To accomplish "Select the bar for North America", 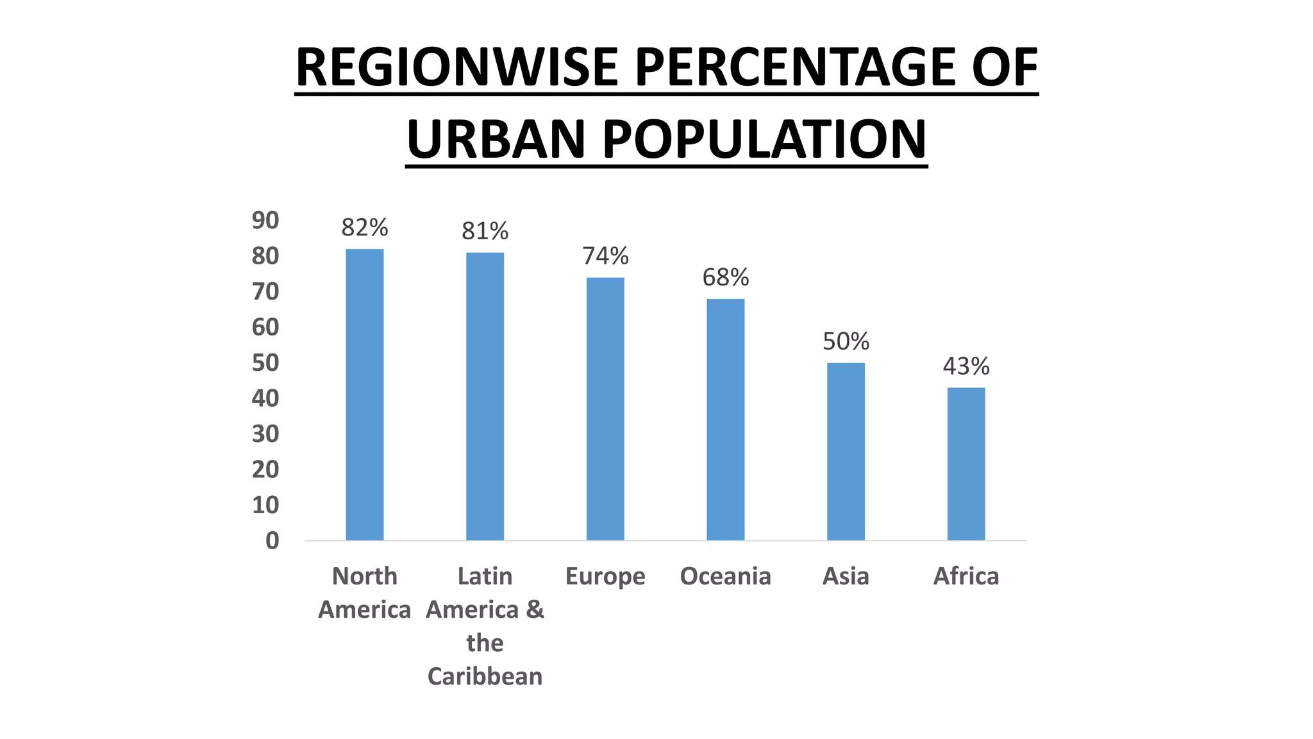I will [x=365, y=395].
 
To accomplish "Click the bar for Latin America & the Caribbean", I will [x=485, y=396].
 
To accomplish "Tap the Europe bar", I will [x=605, y=409].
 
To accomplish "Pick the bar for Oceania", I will [x=726, y=420].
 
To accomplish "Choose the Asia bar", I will [x=846, y=452].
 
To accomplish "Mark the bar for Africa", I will [x=966, y=464].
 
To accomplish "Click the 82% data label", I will [x=365, y=228].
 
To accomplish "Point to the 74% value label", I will [x=605, y=256].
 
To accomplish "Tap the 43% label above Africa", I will [x=966, y=366].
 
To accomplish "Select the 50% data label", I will [x=846, y=341].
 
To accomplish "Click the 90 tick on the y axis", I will [x=265, y=221].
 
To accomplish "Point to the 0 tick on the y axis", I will [x=272, y=541].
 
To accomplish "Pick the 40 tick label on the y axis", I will [x=265, y=398].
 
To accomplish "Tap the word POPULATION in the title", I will [x=764, y=139].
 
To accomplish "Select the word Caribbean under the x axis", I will [x=485, y=676].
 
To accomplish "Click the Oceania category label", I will [x=725, y=576].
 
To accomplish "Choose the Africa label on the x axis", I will [x=966, y=576].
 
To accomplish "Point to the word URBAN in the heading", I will [x=496, y=139].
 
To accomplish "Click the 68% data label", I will [x=726, y=277].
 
